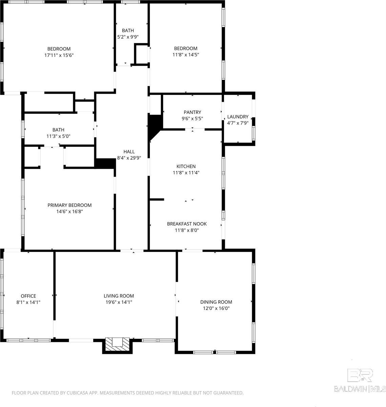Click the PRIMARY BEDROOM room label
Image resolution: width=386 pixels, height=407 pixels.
pos(69,205)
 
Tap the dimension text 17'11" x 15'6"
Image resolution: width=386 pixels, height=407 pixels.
pos(59,55)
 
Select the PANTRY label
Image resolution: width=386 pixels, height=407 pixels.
pos(192,112)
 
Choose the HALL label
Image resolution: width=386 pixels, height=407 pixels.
pos(129,152)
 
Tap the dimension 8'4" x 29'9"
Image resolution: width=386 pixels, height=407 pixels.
pos(129,158)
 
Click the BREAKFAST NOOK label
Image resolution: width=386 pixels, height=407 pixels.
pos(187,224)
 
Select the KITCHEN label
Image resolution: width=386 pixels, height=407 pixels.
pos(186,167)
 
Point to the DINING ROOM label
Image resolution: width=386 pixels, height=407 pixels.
pos(216,302)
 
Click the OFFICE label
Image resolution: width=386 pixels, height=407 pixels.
pos(28,296)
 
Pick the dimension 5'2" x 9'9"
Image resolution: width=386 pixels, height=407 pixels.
pos(128,37)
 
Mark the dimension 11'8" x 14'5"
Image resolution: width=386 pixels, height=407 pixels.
pos(186,55)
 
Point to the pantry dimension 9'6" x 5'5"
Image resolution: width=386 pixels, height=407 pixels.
pos(192,118)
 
